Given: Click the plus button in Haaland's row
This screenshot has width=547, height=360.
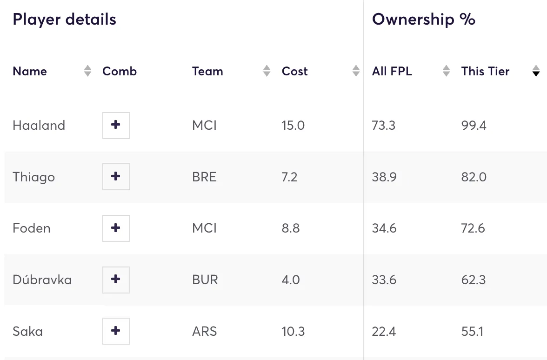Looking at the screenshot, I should coord(116,125).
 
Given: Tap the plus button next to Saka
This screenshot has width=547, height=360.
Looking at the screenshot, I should coord(116,331).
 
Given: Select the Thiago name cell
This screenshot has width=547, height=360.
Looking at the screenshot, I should coord(33,177).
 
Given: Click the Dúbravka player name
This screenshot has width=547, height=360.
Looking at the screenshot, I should coord(42,280).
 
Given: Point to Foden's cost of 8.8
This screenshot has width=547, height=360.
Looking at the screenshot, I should coord(290,228).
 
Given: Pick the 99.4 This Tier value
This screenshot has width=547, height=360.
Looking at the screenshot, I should coord(474,125).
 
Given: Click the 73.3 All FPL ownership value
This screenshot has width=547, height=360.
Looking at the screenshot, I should coord(383,125).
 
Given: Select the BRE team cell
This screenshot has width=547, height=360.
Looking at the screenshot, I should coord(204,177).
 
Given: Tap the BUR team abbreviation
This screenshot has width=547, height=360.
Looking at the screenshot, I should coord(205,280).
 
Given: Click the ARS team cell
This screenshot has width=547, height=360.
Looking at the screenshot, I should coord(204,331).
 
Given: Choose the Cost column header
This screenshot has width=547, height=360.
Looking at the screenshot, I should coord(294,71).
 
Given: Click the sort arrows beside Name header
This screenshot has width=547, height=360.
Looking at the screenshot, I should coord(87,71).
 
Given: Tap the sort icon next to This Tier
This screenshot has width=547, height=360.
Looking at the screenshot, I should coord(536,71).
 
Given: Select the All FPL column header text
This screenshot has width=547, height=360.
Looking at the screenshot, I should coord(392,71).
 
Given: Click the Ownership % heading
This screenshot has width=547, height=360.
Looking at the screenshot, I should coord(423,20).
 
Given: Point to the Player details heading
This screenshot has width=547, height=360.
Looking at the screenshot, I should coord(64,20).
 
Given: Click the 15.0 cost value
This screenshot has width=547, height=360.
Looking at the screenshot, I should coord(293,125).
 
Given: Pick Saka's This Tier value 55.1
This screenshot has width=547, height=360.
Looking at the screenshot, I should coord(472,331).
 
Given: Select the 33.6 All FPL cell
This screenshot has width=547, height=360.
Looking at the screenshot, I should coord(384,280).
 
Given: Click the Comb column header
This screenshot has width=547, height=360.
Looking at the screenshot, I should coord(119,71).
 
